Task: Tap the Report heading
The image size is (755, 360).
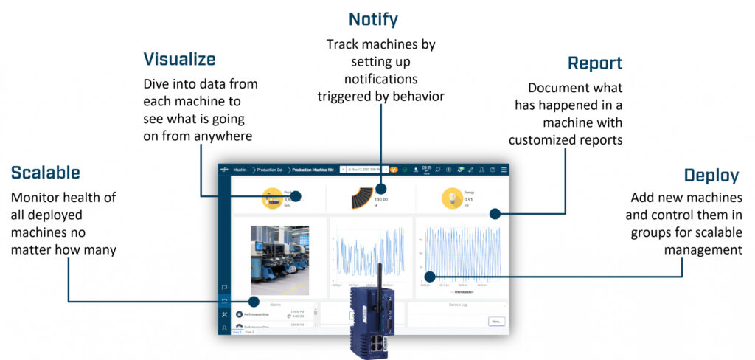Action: click(x=594, y=63)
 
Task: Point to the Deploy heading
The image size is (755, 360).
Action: click(x=711, y=176)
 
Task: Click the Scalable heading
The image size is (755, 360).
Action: click(x=46, y=173)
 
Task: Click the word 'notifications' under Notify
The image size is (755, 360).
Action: click(x=380, y=78)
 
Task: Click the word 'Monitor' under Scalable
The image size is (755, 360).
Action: click(x=35, y=198)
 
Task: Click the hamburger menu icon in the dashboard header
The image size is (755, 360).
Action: click(x=504, y=170)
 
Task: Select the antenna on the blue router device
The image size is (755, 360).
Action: click(x=379, y=277)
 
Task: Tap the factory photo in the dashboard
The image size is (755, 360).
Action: click(x=279, y=255)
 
